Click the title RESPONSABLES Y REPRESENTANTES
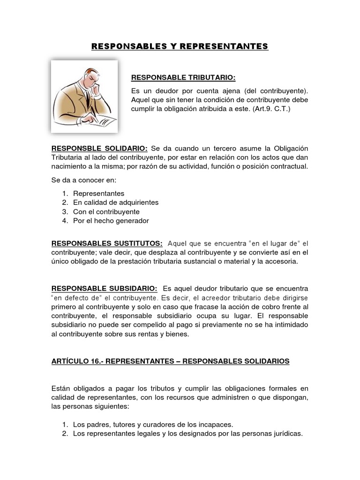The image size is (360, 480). pos(180,46)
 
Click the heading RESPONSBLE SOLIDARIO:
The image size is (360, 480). pos(99,148)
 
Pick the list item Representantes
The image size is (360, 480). pos(98,193)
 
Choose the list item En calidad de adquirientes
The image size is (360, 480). pos(116,202)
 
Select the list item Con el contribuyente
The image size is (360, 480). pos(106,211)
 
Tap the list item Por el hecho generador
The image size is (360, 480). pos(111,220)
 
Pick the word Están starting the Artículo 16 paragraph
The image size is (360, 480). pos(62,388)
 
